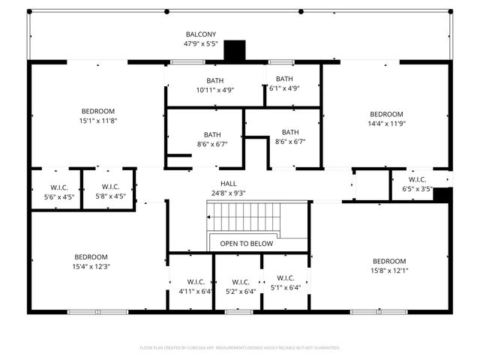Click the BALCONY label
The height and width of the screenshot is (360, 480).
pyautogui.click(x=201, y=34)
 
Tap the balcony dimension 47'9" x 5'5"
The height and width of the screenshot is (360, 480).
pyautogui.click(x=201, y=44)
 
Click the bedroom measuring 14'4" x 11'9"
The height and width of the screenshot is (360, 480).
pyautogui.click(x=386, y=119)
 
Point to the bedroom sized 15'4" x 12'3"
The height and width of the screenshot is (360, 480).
pyautogui.click(x=91, y=262)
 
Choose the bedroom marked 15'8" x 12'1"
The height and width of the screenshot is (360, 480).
pyautogui.click(x=388, y=266)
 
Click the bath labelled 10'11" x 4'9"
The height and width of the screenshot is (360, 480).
pyautogui.click(x=215, y=85)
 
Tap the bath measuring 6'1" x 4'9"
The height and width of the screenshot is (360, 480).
pyautogui.click(x=284, y=83)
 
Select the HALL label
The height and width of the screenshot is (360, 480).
pyautogui.click(x=229, y=184)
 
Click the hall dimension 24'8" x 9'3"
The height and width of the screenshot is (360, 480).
pyautogui.click(x=229, y=193)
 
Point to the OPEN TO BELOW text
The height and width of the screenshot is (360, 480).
pyautogui.click(x=247, y=244)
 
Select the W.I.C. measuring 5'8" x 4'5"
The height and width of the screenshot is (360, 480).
pyautogui.click(x=110, y=191)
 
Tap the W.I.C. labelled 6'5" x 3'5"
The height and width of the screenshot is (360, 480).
pyautogui.click(x=417, y=184)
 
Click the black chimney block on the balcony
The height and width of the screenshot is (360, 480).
pyautogui.click(x=235, y=50)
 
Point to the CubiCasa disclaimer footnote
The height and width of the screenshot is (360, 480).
pyautogui.click(x=240, y=348)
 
